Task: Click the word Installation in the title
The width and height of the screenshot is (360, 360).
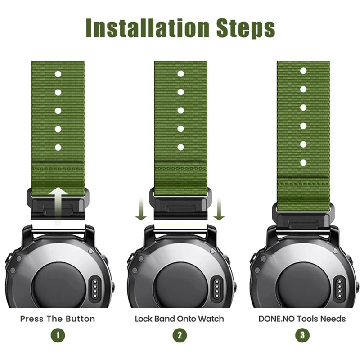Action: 148,28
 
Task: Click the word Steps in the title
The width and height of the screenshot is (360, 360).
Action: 246,29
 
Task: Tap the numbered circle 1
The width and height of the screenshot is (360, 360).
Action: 58,335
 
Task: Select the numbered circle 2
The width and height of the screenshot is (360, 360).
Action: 180,335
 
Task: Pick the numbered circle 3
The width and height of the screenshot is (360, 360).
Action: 302,335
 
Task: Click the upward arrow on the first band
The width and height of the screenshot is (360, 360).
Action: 58,206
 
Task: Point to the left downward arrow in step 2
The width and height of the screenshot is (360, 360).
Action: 141,209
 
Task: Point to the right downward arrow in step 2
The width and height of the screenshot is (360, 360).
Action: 219,209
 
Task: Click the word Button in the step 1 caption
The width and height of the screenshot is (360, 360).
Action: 80,319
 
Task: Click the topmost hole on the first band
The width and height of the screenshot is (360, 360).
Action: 58,74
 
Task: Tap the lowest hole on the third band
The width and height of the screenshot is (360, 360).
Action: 303,163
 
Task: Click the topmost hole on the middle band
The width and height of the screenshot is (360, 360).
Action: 181,74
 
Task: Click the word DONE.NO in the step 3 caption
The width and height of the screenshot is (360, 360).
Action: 277,319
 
